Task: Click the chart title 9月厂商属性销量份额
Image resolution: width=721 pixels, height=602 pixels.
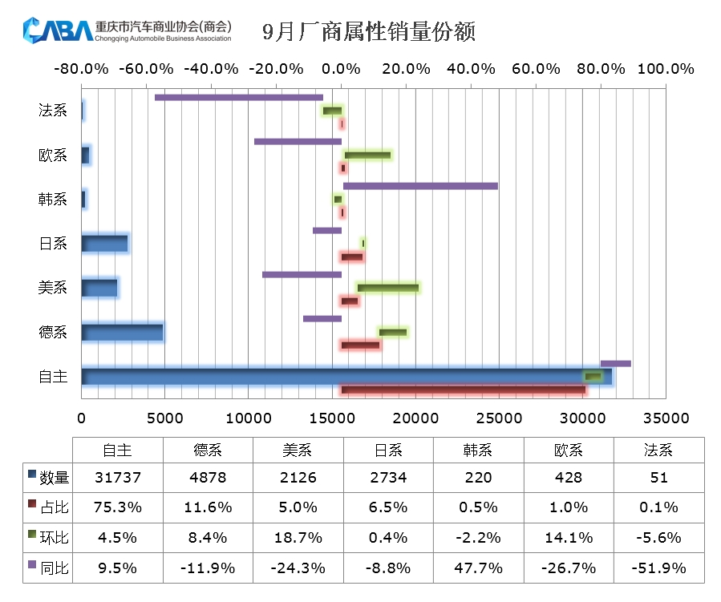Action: click(x=369, y=32)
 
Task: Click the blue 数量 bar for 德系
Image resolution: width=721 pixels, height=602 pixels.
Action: click(x=122, y=332)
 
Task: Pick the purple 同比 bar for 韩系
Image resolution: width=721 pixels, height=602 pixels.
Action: click(x=420, y=186)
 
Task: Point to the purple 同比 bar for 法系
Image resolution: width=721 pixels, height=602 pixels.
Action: click(x=239, y=98)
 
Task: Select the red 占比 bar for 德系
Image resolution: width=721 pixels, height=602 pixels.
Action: click(x=360, y=345)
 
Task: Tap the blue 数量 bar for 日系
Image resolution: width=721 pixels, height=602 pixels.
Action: click(x=104, y=243)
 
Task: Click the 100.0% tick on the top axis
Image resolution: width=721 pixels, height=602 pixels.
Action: click(x=665, y=69)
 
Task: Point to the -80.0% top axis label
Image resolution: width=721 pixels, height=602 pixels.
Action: click(x=81, y=69)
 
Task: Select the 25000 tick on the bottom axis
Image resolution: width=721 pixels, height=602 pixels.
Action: click(x=499, y=418)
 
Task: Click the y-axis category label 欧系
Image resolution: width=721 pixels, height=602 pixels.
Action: click(x=53, y=156)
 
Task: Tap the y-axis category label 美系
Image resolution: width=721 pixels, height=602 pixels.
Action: click(x=53, y=288)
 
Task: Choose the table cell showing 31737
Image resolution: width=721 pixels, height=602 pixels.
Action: click(x=117, y=478)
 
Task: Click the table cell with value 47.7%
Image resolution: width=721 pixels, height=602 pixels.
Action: click(x=478, y=568)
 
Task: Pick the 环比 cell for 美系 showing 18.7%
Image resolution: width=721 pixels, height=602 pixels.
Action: click(x=298, y=538)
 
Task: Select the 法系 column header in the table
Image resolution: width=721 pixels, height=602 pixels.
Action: click(x=658, y=450)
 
